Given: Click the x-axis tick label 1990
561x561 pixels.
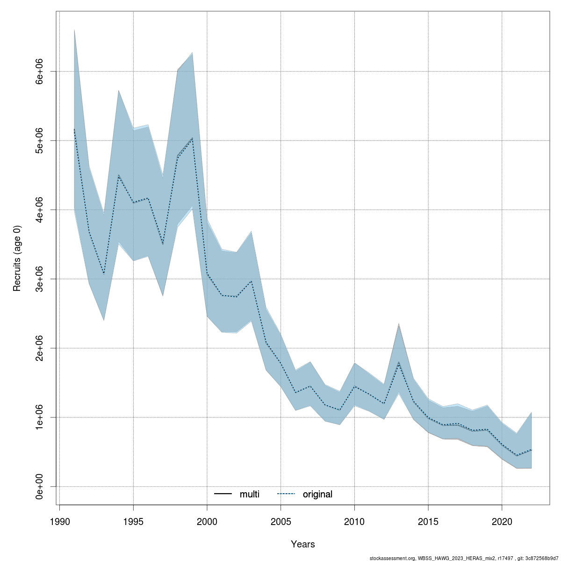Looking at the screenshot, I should [60, 521].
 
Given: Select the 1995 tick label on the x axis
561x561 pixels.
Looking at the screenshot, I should [134, 521].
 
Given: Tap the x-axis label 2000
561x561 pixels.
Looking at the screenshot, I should [207, 521].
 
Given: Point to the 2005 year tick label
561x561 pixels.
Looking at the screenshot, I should [281, 521].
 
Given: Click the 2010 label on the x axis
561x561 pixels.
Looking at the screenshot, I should [354, 521].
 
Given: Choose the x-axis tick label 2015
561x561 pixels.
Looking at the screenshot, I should [428, 521].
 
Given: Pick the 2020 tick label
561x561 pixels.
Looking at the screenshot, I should [502, 521].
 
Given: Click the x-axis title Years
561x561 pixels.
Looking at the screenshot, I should [303, 544].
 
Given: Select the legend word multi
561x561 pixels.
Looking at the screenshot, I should [249, 494].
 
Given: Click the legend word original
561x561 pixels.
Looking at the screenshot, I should [317, 494].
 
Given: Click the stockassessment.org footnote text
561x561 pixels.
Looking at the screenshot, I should [465, 558].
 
